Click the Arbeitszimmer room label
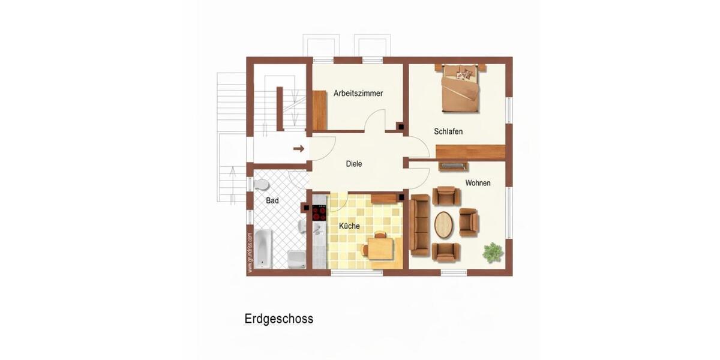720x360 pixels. [358, 94]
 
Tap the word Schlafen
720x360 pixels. [448, 131]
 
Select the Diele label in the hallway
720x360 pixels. [354, 164]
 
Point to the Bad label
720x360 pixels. [272, 201]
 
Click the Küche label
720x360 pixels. [349, 226]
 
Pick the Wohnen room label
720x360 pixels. [478, 183]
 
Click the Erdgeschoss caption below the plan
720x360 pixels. [278, 319]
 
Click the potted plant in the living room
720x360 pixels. [493, 252]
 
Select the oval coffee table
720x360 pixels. [445, 224]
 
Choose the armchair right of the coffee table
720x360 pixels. [468, 222]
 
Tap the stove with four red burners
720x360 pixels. [319, 213]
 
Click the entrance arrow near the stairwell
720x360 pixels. [298, 148]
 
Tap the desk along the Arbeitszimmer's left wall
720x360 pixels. [319, 110]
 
